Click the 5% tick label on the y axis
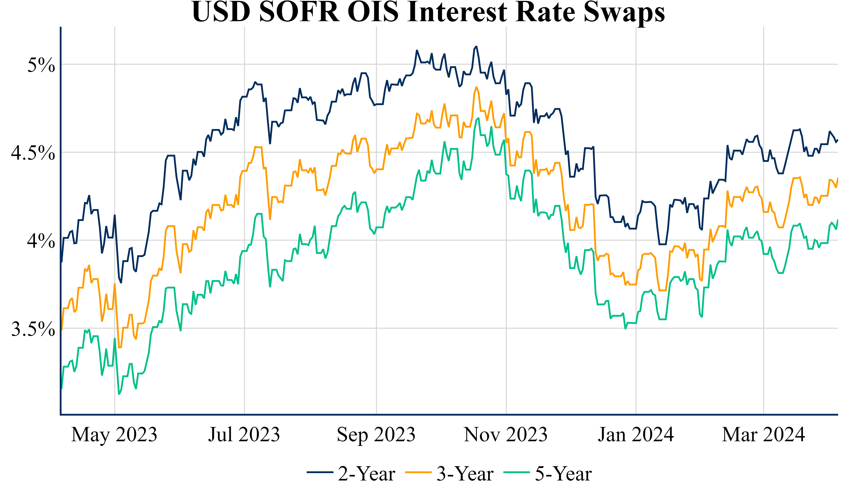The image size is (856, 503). coord(41,65)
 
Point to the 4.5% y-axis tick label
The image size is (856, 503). coord(33,153)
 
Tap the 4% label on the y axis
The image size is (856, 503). coord(41,241)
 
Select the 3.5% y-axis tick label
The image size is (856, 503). coord(33,329)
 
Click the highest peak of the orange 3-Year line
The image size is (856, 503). coord(476,87)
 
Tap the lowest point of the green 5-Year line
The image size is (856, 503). coord(119,394)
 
